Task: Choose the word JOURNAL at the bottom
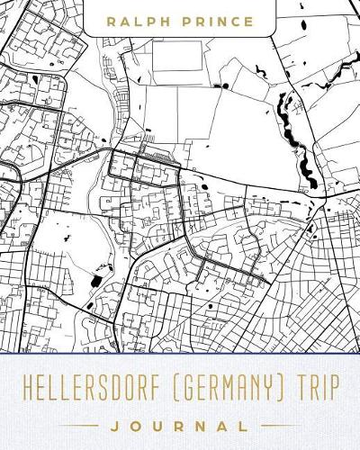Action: coord(180,422)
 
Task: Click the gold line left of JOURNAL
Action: coord(80,422)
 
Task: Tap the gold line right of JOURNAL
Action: coord(280,422)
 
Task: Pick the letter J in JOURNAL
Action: coord(122,422)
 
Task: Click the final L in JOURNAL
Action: coord(238,422)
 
